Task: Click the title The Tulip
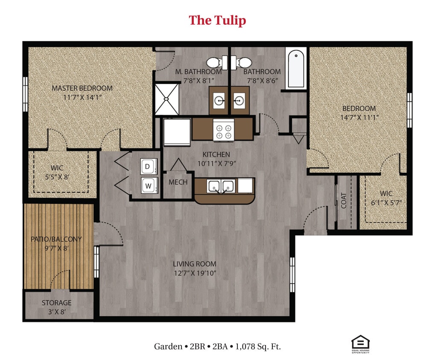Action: coord(217,20)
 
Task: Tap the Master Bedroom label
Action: coord(82,88)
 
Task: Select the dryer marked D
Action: coord(148,167)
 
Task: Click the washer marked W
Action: coord(148,186)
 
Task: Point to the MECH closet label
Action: coord(178,183)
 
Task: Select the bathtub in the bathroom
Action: coord(296,69)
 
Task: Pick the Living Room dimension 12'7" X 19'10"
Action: coord(194,273)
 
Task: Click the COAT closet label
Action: coord(344,201)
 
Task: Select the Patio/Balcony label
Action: coord(56,239)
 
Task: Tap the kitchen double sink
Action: coord(221,186)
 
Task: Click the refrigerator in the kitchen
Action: coord(177,132)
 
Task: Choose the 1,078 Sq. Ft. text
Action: coord(258,346)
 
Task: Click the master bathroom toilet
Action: coord(217,62)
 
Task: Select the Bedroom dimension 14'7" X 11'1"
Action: coord(359,117)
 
